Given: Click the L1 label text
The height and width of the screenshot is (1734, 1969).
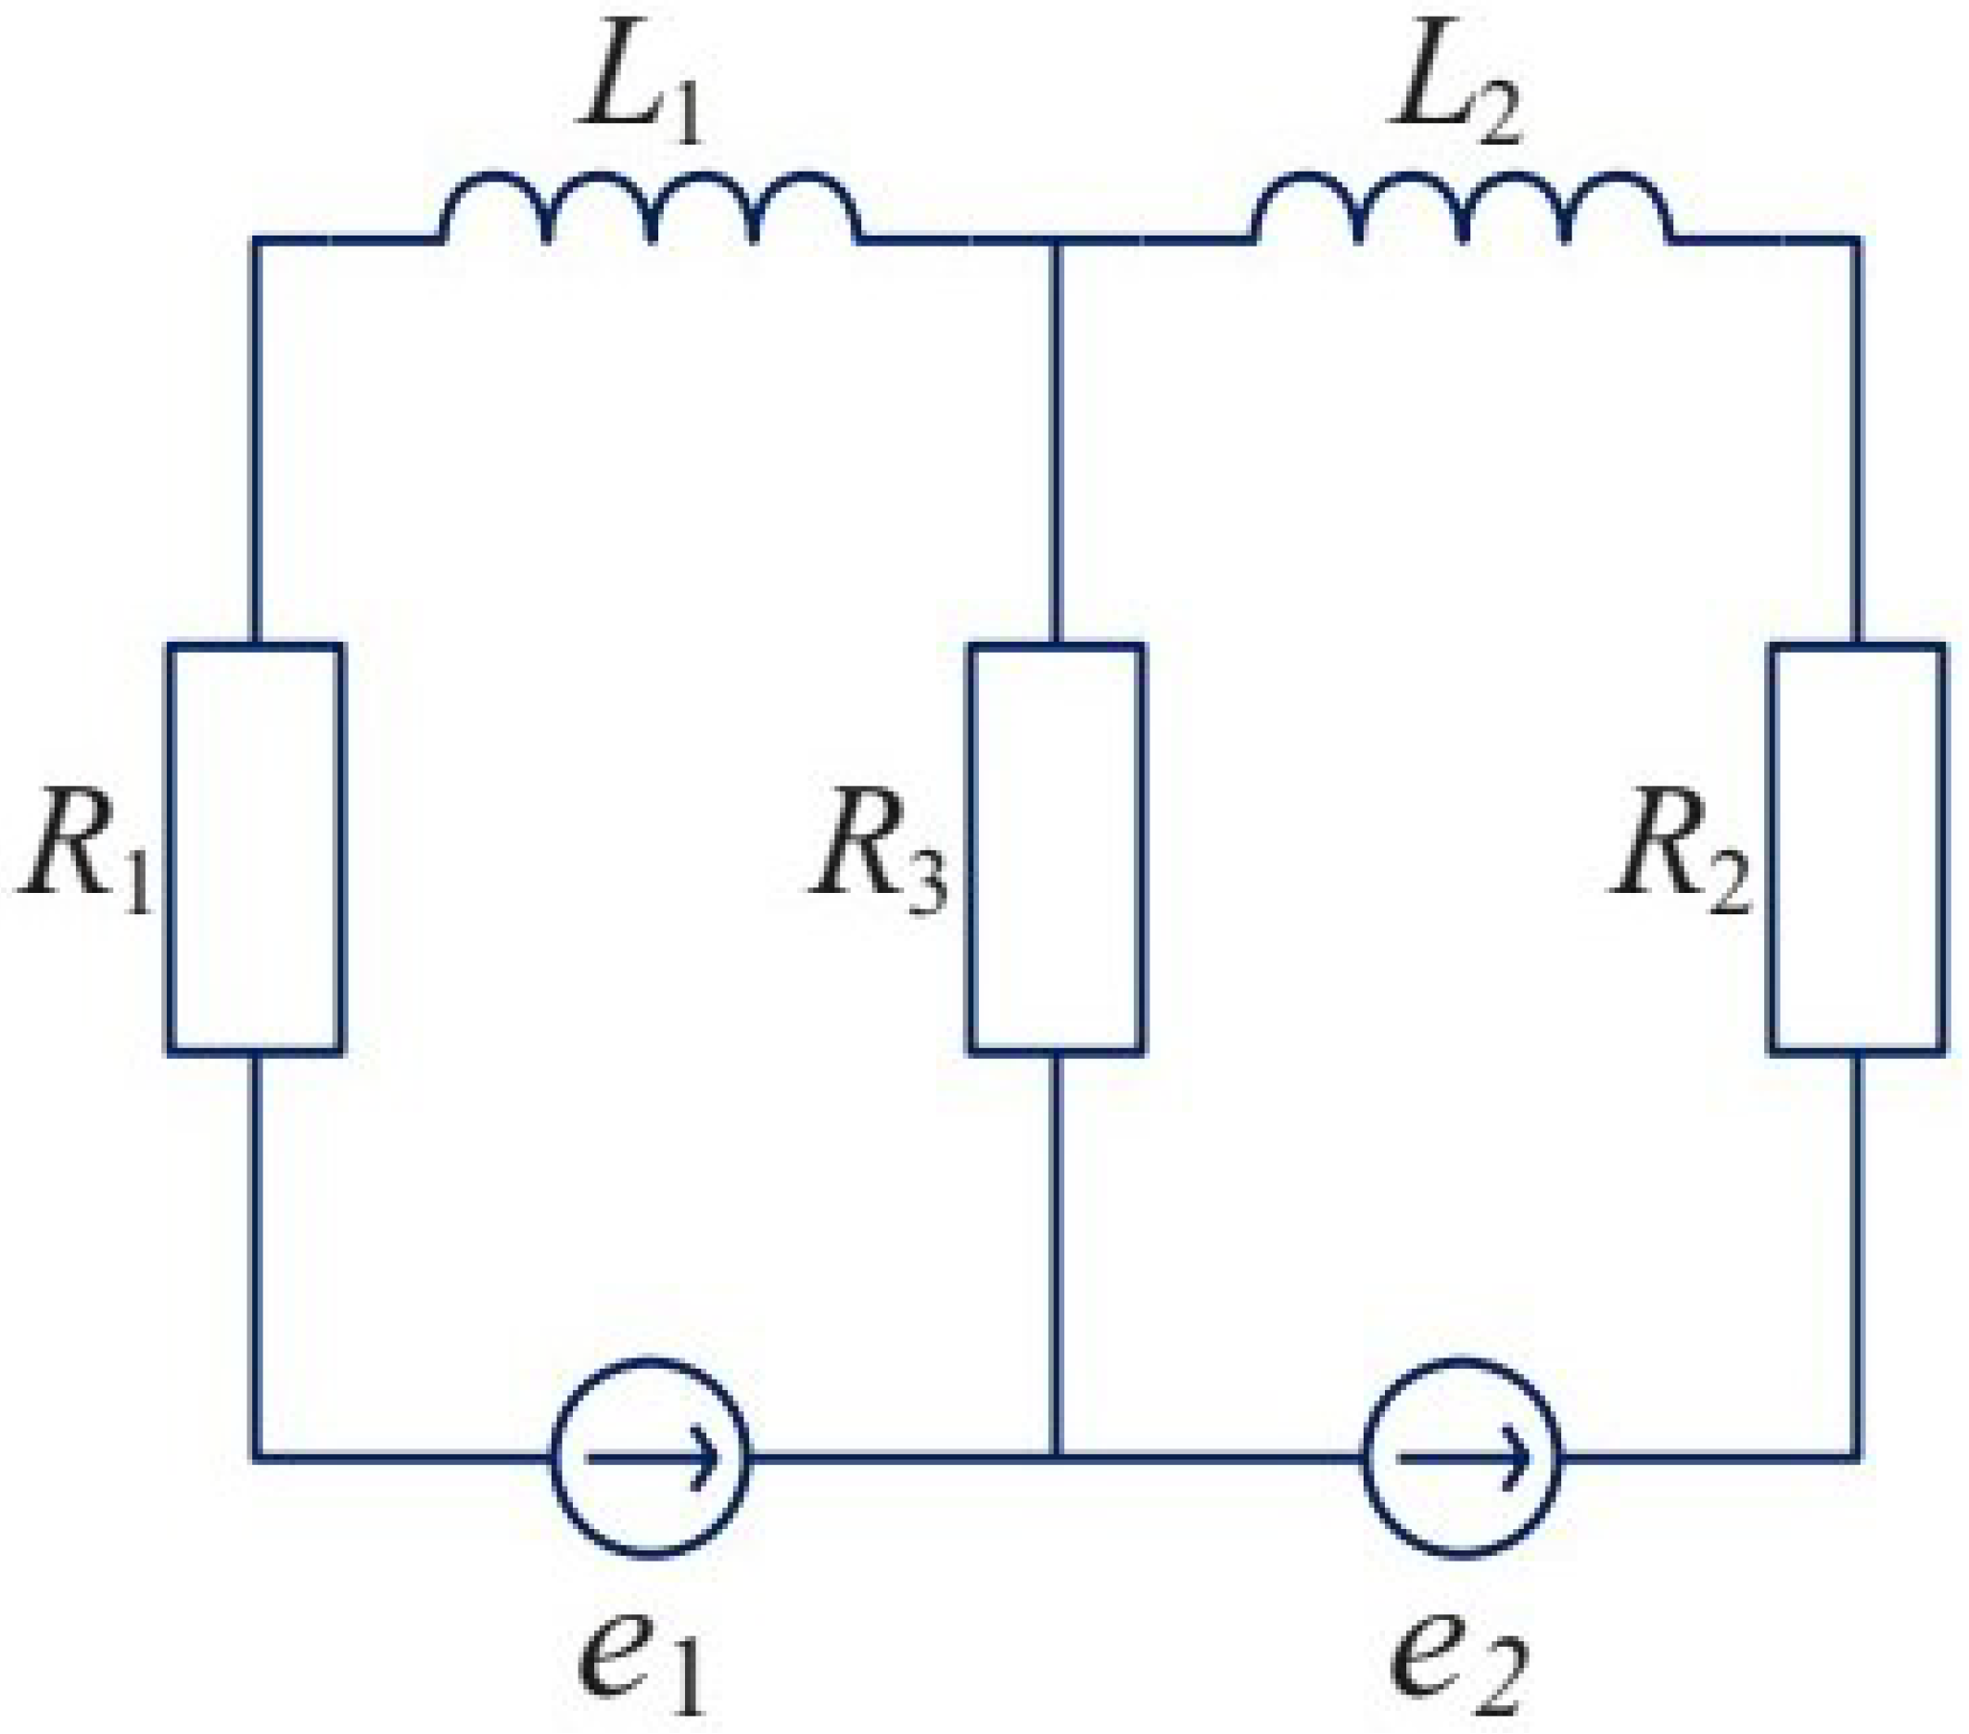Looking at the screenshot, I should click(639, 96).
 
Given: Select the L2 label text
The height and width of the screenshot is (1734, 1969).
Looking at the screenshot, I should click(1454, 96).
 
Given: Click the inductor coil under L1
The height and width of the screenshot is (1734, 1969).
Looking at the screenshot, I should click(650, 207).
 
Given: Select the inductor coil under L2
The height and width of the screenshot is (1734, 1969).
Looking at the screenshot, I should click(1461, 207).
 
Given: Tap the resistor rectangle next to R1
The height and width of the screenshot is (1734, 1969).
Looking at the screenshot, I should click(255, 848).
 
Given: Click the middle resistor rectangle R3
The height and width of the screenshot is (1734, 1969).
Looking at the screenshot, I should click(1057, 848).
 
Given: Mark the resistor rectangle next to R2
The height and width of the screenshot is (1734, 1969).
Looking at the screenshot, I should click(1857, 848).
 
